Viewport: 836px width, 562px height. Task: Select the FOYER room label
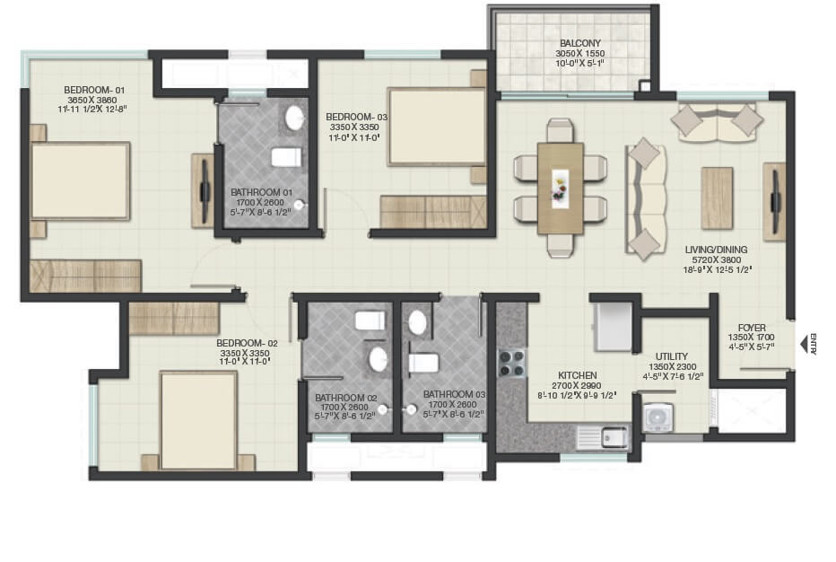click(752, 327)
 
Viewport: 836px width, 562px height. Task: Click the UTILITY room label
click(672, 356)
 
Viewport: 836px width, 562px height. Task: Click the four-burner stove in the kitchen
click(512, 363)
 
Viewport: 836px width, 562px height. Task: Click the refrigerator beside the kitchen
click(614, 329)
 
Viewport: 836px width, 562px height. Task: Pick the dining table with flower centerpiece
click(560, 189)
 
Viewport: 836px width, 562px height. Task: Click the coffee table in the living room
click(717, 198)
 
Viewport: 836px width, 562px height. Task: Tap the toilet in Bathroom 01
click(286, 157)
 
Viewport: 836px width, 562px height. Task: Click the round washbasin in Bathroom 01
click(294, 118)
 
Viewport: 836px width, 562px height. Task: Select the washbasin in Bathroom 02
click(379, 360)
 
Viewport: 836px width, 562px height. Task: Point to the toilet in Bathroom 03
click(422, 363)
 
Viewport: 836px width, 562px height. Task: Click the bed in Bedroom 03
click(435, 127)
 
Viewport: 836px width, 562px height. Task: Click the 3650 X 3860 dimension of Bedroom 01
click(88, 101)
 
